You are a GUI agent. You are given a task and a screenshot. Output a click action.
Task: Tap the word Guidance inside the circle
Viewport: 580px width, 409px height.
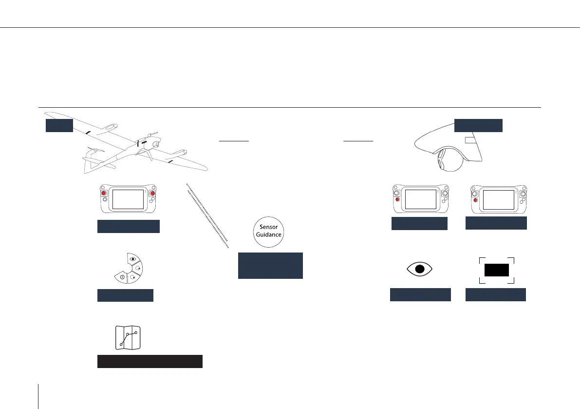[270, 234]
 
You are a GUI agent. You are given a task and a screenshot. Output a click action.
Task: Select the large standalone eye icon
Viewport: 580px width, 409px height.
[420, 269]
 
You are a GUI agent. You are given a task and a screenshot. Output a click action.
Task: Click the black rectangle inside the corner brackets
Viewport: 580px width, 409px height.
[496, 270]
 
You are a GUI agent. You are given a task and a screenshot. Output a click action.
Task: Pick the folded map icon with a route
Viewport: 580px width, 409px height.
[128, 337]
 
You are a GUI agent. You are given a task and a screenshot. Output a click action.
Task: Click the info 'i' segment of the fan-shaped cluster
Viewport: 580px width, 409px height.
[120, 277]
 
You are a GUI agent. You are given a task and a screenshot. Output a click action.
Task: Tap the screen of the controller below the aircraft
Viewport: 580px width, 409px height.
[128, 199]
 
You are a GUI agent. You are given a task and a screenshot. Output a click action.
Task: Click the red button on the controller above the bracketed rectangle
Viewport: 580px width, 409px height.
[475, 199]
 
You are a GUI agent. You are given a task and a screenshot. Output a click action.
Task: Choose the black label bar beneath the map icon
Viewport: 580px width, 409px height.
[150, 361]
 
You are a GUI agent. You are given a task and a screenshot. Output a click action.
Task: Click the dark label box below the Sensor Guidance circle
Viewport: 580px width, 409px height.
[270, 266]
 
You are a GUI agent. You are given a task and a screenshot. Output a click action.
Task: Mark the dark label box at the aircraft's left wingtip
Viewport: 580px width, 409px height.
[59, 125]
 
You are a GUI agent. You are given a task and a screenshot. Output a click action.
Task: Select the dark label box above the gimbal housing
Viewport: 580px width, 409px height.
[478, 125]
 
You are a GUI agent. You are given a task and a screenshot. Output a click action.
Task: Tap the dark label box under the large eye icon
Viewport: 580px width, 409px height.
[420, 294]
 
